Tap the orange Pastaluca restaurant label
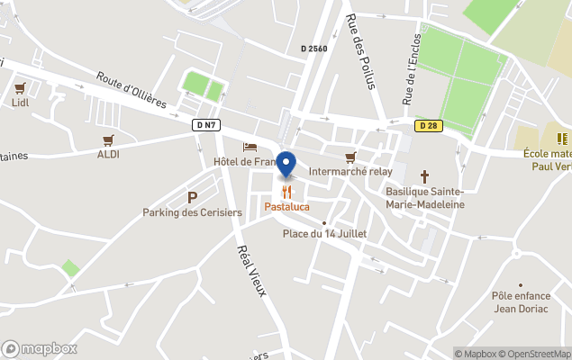tap(286, 207)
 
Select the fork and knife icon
tap(286, 192)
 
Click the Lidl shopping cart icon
tap(20, 88)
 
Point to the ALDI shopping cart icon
tap(108, 139)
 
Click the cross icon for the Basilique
tap(424, 176)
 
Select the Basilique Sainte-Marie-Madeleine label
tap(424, 198)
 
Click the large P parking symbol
tap(192, 197)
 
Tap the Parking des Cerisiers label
tap(192, 212)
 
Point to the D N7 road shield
tap(204, 125)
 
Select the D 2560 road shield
tap(313, 49)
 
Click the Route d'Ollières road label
tap(132, 90)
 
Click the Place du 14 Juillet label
tap(324, 234)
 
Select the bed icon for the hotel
tap(250, 147)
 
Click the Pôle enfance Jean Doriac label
tap(521, 301)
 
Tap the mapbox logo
tap(40, 349)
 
